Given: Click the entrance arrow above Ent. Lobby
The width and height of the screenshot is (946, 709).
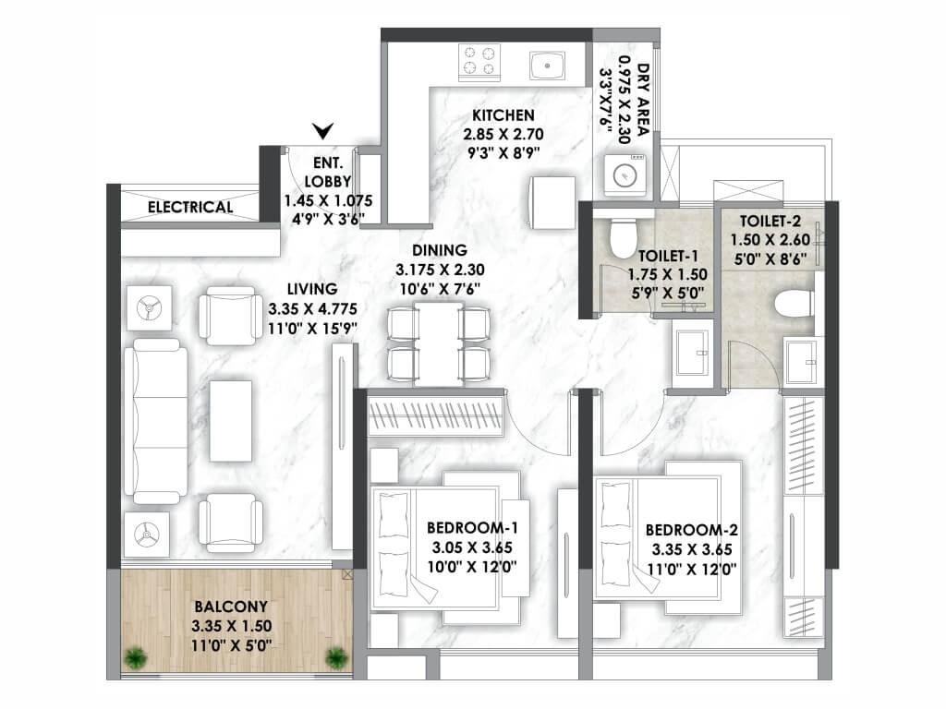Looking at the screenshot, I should (322, 131).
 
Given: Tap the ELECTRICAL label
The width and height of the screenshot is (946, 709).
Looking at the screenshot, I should (190, 207).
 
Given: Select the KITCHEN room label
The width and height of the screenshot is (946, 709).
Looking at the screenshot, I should (503, 115).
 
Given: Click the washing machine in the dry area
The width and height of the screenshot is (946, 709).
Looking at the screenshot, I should (626, 175).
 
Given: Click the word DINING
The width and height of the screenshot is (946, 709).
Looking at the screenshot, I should (440, 249).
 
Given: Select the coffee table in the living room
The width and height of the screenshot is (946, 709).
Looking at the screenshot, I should (231, 420).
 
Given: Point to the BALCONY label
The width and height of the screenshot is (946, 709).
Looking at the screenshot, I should (231, 607).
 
